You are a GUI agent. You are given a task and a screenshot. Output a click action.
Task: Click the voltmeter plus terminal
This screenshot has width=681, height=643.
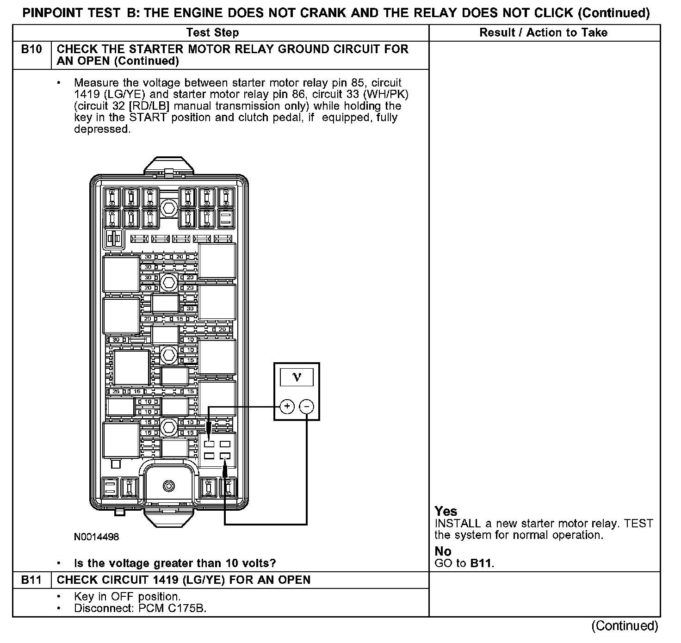point(287,407)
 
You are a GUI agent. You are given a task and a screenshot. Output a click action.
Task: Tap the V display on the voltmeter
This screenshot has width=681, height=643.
point(297,377)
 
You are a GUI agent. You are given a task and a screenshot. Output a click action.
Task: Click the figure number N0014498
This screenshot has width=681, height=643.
point(96,537)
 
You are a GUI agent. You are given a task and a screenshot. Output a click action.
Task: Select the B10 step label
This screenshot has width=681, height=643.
point(31,49)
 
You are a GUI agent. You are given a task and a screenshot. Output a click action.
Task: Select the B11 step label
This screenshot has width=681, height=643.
point(31,580)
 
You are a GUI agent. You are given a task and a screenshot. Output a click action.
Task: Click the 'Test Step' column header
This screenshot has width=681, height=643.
point(213,32)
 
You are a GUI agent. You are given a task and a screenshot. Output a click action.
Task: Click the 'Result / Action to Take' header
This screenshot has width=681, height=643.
point(544,32)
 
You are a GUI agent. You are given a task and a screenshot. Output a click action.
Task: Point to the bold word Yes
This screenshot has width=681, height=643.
point(446,512)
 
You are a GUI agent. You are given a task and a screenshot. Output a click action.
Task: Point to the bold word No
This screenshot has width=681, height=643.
point(443,551)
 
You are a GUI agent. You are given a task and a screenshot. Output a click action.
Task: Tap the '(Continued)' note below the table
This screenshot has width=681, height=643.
point(624,626)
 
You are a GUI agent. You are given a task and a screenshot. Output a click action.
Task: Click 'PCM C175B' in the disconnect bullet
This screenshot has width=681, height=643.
point(172,608)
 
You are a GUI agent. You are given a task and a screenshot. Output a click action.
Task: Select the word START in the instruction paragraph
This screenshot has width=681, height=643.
point(148,117)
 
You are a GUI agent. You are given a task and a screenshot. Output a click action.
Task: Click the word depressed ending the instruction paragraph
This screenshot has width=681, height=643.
point(101,129)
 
